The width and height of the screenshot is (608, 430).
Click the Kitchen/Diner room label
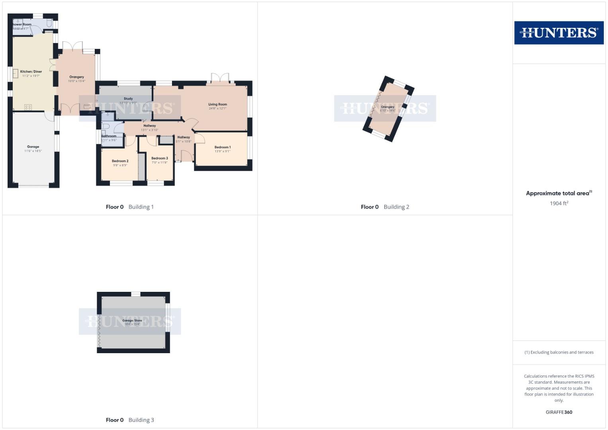pos(31,72)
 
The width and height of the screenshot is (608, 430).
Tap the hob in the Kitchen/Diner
pos(28,107)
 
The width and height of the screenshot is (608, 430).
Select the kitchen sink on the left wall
pos(16,74)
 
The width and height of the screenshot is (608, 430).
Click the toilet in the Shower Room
pos(49,23)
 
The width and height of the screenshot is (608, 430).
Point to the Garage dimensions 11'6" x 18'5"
pos(33,151)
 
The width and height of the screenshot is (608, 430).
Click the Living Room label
pos(217,104)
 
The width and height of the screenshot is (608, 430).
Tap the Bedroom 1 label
pos(223,147)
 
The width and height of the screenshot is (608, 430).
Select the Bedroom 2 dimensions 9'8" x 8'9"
pos(120,165)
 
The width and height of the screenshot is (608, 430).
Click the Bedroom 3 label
pos(160,158)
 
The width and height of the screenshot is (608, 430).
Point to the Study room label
pos(128,99)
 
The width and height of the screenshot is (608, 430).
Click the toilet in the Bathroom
pos(105,126)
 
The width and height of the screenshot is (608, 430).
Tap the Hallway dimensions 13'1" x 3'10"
pos(150,130)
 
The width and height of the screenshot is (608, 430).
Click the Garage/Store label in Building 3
pos(132,321)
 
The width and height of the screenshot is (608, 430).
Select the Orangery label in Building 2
pos(387,107)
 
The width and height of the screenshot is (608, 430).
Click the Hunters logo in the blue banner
pos(559,33)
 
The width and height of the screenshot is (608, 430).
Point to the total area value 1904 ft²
pos(559,203)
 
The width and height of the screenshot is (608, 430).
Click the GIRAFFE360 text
pos(559,412)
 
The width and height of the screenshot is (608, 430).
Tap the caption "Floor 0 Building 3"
pos(130,420)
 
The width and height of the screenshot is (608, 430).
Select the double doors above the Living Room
pos(220,78)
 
